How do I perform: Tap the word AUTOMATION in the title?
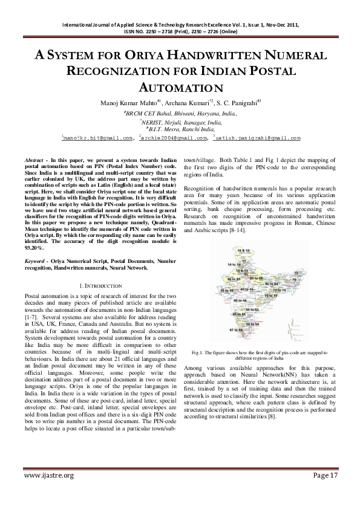pos(181,88)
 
